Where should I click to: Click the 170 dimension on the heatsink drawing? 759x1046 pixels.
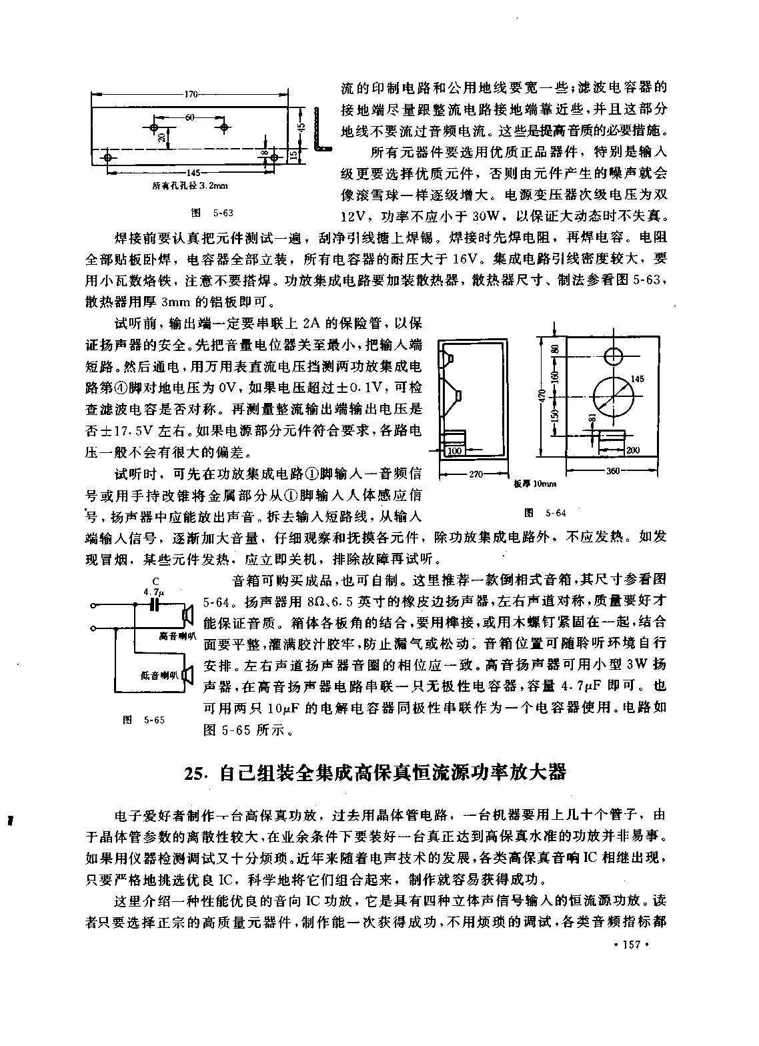pyautogui.click(x=191, y=94)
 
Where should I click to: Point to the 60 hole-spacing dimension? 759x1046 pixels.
pyautogui.click(x=189, y=117)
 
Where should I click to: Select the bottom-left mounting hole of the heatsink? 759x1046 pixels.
pyautogui.click(x=108, y=157)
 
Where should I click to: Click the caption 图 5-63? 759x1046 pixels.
pyautogui.click(x=212, y=213)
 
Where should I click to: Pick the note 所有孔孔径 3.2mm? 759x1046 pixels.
pyautogui.click(x=190, y=186)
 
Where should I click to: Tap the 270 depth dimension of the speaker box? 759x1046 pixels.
pyautogui.click(x=476, y=474)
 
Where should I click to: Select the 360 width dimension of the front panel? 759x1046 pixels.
pyautogui.click(x=613, y=471)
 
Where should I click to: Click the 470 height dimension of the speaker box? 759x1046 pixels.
pyautogui.click(x=542, y=397)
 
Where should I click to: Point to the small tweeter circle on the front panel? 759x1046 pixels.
pyautogui.click(x=614, y=357)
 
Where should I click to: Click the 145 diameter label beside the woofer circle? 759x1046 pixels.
pyautogui.click(x=637, y=379)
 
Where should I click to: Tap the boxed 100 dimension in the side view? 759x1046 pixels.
pyautogui.click(x=454, y=451)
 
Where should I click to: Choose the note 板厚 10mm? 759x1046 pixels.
pyautogui.click(x=535, y=484)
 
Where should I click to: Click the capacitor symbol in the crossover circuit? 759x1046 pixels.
pyautogui.click(x=154, y=606)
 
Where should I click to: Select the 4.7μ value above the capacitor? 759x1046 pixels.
pyautogui.click(x=155, y=592)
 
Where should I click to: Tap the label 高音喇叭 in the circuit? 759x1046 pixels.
pyautogui.click(x=178, y=636)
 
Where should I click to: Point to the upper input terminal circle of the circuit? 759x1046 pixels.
pyautogui.click(x=93, y=606)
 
